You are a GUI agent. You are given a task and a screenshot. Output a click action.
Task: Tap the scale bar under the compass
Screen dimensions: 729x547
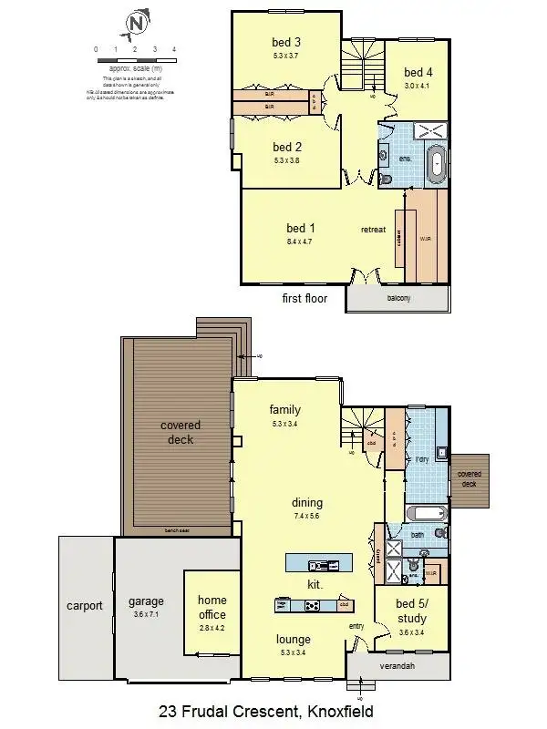coord(135,59)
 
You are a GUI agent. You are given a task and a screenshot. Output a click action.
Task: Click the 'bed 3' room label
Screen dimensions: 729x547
coord(286,42)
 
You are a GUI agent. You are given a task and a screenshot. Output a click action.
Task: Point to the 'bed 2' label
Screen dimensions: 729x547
coord(286,147)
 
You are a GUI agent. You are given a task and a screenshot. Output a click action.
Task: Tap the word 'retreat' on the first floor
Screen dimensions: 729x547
coord(374,229)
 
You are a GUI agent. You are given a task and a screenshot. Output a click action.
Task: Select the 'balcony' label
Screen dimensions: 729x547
coord(397,298)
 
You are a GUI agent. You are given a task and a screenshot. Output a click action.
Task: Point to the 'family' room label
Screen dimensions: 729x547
coord(284,410)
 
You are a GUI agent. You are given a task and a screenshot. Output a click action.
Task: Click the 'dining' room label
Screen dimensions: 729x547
coord(307,502)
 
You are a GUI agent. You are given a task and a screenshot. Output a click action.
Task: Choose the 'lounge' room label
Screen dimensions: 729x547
coord(294,639)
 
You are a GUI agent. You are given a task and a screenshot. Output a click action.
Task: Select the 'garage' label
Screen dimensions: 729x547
coord(146,601)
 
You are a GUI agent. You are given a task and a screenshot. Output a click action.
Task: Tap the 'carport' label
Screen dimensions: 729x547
coord(85,605)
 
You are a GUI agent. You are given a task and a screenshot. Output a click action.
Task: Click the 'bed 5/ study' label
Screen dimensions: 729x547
coord(411,611)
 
